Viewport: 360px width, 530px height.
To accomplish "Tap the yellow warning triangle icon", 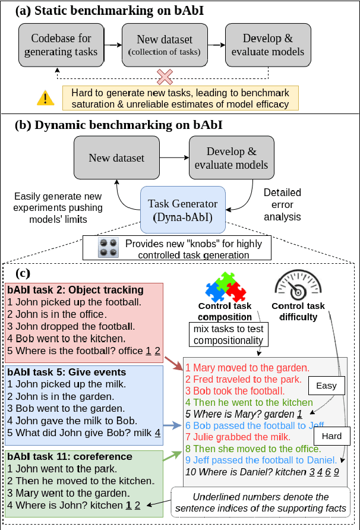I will tap(45, 97).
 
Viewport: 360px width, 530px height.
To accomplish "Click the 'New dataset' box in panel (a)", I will tap(163, 45).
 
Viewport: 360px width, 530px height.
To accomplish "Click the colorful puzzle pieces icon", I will tap(225, 286).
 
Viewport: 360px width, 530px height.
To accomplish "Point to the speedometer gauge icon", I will tap(298, 285).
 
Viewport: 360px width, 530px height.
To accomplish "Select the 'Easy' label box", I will tap(326, 386).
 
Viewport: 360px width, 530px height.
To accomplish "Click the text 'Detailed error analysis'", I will tap(282, 205).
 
